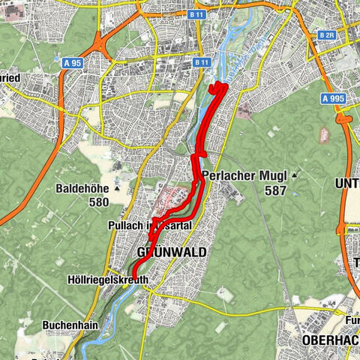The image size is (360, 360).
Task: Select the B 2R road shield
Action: click(326, 35)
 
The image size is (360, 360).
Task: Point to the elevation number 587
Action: click(275, 190)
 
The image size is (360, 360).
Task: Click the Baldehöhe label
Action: click(85, 189)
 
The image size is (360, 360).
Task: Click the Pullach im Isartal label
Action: click(151, 225)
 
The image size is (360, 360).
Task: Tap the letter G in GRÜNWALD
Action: click(142, 250)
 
